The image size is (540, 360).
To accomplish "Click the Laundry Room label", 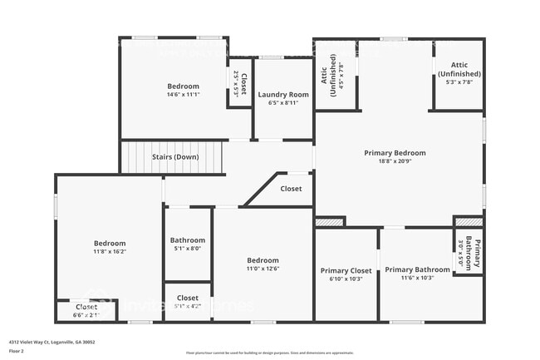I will pyautogui.click(x=284, y=95).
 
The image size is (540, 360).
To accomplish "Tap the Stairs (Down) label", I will pyautogui.click(x=174, y=157).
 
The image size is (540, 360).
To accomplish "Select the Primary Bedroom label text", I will pyautogui.click(x=395, y=153).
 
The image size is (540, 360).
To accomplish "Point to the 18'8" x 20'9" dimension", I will pyautogui.click(x=395, y=161).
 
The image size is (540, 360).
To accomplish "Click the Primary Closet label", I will pyautogui.click(x=346, y=270).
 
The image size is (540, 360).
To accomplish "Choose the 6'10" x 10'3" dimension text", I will pyautogui.click(x=346, y=279).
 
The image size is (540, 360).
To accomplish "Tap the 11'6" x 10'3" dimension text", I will pyautogui.click(x=417, y=279).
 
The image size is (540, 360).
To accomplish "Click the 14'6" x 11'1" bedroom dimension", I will pyautogui.click(x=184, y=95).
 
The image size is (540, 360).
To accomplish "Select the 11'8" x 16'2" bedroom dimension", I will pyautogui.click(x=110, y=251).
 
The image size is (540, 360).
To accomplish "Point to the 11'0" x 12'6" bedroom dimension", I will pyautogui.click(x=263, y=269).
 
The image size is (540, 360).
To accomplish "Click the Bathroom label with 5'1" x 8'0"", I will pyautogui.click(x=187, y=239).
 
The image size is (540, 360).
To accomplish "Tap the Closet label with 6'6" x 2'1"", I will pyautogui.click(x=86, y=307).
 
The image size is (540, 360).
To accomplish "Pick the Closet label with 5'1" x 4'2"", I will pyautogui.click(x=188, y=297).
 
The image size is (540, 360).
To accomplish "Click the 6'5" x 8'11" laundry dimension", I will pyautogui.click(x=284, y=103).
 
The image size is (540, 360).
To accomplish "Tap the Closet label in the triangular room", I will pyautogui.click(x=291, y=189).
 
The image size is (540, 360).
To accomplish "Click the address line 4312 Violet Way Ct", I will pyautogui.click(x=52, y=342).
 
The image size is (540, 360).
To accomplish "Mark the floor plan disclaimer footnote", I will pyautogui.click(x=271, y=353).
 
